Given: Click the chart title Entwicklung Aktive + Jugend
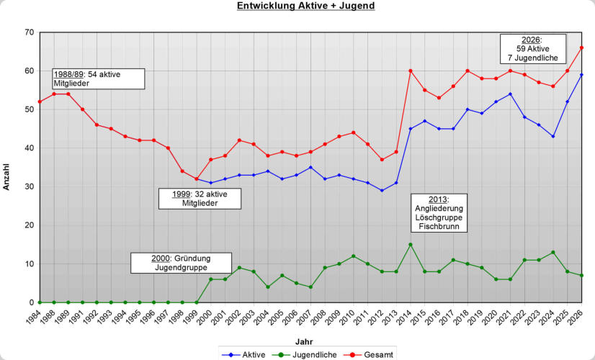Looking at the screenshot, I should tap(306, 6).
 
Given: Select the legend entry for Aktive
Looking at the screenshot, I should tap(247, 354).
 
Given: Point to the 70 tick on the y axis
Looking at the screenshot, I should tap(29, 32).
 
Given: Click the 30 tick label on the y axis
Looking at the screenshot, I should tap(29, 186).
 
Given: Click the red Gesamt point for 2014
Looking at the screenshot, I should tap(411, 71).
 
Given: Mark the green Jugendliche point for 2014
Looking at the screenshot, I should tap(411, 245).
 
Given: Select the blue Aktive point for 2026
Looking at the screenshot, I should tap(581, 75).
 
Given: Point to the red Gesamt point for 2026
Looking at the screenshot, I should tap(581, 48).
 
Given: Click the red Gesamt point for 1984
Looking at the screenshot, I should tap(40, 102).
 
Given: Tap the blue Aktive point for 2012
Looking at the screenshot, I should tap(382, 190).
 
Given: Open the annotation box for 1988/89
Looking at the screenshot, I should tap(98, 78).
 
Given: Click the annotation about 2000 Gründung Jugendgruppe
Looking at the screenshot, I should tap(181, 263).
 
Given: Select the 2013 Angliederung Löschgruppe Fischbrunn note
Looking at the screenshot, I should tap(439, 213).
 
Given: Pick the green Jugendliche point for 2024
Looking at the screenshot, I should tap(552, 252).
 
